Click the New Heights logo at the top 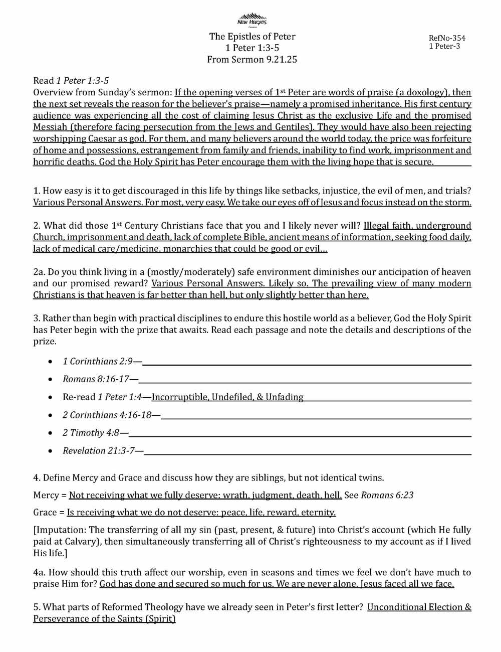point(252,19)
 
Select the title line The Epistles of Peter point(252,36)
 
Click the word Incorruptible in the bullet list point(180,397)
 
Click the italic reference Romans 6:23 point(387,495)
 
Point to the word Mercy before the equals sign point(46,495)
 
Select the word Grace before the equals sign point(45,513)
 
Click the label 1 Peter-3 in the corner point(444,47)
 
